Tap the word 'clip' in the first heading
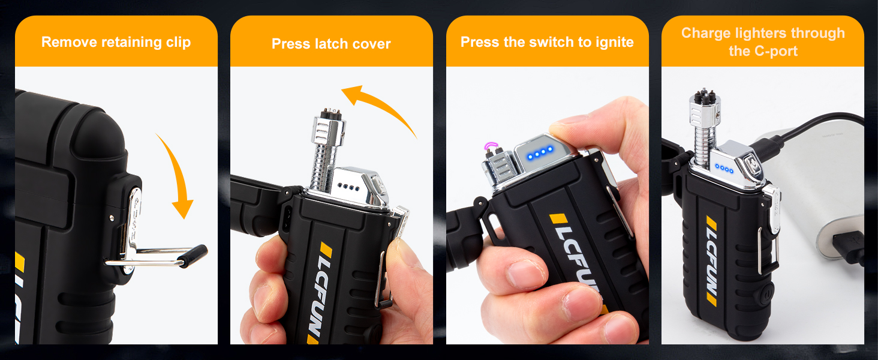(x=178, y=43)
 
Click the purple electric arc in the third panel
(x=491, y=146)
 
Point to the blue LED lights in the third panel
(x=539, y=154)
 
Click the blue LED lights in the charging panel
(x=724, y=169)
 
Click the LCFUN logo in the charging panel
(x=712, y=260)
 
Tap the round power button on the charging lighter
(x=765, y=295)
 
